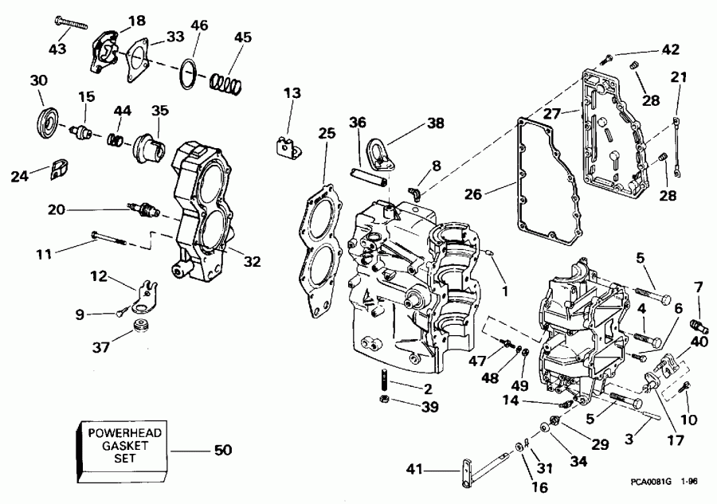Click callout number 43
pos(57,49)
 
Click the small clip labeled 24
pos(59,168)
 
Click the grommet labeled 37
pos(144,326)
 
